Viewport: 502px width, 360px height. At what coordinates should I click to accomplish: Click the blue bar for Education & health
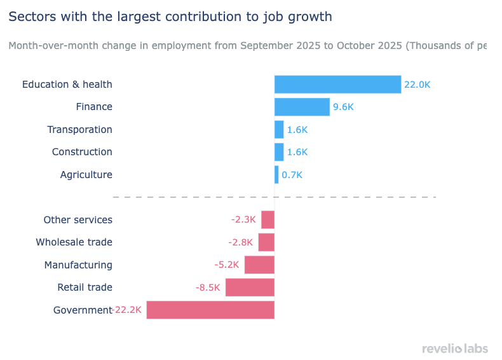pos(337,85)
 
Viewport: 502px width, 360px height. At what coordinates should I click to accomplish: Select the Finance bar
pos(302,107)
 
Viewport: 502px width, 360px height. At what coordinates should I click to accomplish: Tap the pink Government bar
pos(210,310)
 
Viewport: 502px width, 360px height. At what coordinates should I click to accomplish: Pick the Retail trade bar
pos(250,287)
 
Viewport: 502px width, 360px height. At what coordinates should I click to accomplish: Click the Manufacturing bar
pos(259,265)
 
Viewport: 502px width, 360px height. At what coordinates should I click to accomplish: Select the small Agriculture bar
pos(276,175)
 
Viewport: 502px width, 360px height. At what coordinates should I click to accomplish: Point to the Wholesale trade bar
pos(266,242)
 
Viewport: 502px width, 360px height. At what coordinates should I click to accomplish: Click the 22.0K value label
pos(417,85)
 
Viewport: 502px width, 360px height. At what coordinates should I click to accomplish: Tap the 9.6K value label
pos(343,107)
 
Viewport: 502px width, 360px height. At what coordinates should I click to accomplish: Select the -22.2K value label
pos(128,310)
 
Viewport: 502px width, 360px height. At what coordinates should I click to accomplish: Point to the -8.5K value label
pos(208,287)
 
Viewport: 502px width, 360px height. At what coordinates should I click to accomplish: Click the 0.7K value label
pos(292,175)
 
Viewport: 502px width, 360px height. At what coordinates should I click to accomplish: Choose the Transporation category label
pos(79,130)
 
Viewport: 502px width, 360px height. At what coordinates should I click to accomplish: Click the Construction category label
pos(82,152)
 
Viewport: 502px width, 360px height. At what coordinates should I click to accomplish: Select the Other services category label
pos(78,220)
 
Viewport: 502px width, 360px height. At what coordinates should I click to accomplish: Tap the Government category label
pos(83,310)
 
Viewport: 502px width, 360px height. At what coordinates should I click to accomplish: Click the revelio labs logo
pos(454,348)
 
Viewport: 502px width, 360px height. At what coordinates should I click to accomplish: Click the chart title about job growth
pos(170,17)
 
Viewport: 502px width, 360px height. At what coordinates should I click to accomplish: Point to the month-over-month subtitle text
pos(248,46)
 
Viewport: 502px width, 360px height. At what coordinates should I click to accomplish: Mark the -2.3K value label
pos(243,220)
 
